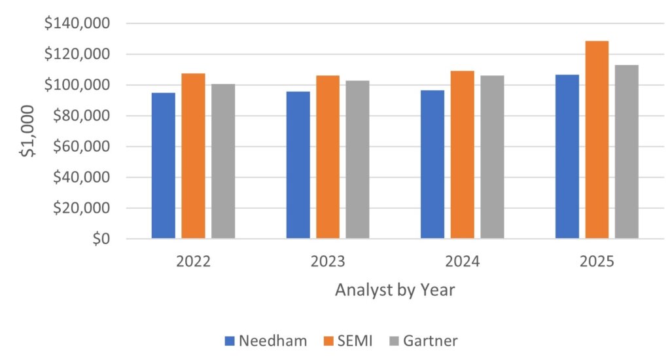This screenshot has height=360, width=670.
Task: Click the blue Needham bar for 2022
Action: point(164,166)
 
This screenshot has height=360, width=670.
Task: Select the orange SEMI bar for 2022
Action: point(193,156)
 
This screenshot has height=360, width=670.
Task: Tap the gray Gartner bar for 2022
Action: point(223,161)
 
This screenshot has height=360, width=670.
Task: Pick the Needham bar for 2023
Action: point(298,165)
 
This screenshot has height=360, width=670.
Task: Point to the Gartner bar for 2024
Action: point(492,157)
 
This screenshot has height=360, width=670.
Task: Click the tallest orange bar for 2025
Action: point(597,140)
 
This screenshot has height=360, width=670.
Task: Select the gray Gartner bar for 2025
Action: point(627,152)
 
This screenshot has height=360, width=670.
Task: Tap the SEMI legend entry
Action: point(347,340)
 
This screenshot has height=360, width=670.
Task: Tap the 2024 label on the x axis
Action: point(462,262)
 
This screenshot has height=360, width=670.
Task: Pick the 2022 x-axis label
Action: point(193,262)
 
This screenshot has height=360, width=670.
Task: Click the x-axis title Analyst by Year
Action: point(395,290)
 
